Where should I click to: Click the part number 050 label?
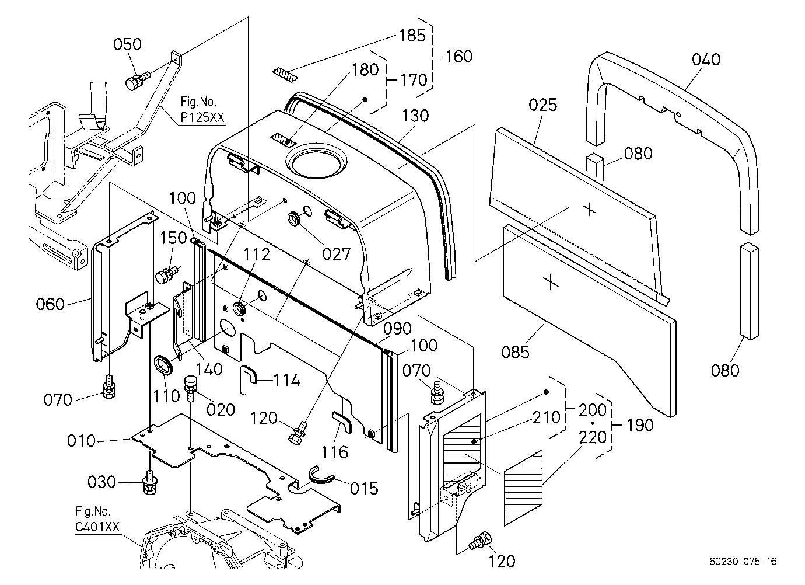coord(127,44)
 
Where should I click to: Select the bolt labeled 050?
coord(137,81)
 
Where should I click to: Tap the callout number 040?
coord(706,60)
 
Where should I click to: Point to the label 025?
coord(542,105)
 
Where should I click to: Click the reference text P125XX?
coord(202,117)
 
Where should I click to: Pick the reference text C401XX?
coord(97,527)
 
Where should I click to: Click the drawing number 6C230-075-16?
coord(743,562)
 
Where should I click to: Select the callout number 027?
coord(336,254)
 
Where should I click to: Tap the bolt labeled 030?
coord(150,482)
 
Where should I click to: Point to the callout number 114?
coord(286,380)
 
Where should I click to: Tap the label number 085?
coord(515,352)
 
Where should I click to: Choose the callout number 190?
coord(640,425)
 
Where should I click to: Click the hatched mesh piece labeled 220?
coord(523,488)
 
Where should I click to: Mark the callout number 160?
coord(459,57)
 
